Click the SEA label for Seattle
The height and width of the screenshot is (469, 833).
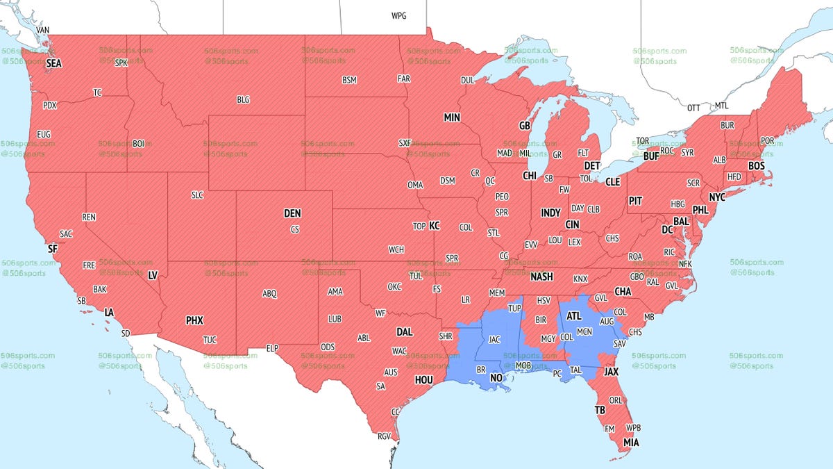(x=54, y=64)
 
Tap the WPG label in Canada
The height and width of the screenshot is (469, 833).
(x=399, y=15)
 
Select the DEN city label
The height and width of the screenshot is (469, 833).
(x=292, y=214)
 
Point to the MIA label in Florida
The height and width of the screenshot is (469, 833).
(x=631, y=443)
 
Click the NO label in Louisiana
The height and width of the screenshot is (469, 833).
(x=496, y=378)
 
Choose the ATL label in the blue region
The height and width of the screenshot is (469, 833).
(x=574, y=315)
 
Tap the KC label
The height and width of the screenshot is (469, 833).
(x=435, y=226)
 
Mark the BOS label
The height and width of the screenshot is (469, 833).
(x=756, y=166)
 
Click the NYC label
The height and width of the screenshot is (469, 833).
(x=717, y=197)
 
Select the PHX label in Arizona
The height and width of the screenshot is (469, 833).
(x=194, y=321)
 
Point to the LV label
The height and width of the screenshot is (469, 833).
(x=153, y=276)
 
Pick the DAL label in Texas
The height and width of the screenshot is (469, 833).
(x=405, y=332)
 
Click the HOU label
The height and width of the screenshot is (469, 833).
(x=423, y=380)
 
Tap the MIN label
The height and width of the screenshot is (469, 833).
(x=452, y=118)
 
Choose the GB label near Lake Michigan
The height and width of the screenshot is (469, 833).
(x=525, y=126)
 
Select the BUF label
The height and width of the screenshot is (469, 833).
(x=651, y=156)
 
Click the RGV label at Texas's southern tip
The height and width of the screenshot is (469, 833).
(x=385, y=436)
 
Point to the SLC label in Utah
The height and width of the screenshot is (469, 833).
(x=197, y=195)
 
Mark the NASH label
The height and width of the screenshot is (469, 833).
(x=541, y=277)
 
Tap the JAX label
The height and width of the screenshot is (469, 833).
(x=612, y=372)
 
